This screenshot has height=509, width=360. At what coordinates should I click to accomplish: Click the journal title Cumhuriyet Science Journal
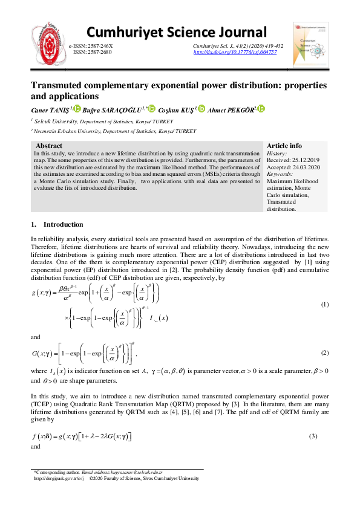(x=176, y=32)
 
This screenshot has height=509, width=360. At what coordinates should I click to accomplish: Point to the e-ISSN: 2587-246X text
(x=91, y=47)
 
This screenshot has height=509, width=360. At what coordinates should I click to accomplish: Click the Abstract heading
(x=49, y=146)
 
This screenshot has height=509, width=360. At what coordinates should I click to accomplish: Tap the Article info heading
(x=284, y=146)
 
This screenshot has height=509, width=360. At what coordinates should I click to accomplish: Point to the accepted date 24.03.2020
(x=304, y=166)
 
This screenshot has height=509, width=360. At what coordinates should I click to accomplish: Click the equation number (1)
(x=324, y=304)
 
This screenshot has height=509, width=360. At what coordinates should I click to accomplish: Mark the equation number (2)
(x=324, y=352)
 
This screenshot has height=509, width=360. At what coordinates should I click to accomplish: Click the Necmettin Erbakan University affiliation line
(x=115, y=131)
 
